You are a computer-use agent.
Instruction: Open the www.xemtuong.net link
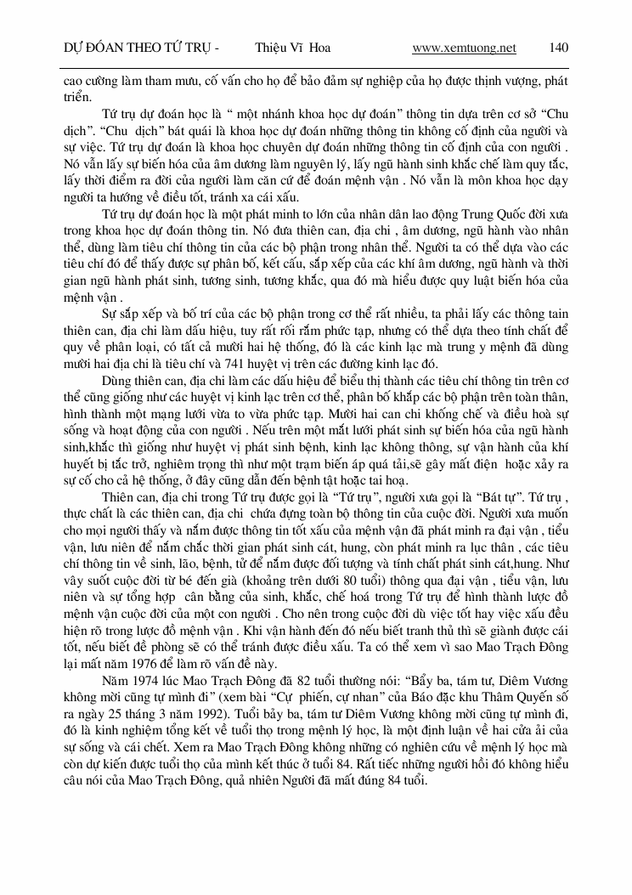464,48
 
